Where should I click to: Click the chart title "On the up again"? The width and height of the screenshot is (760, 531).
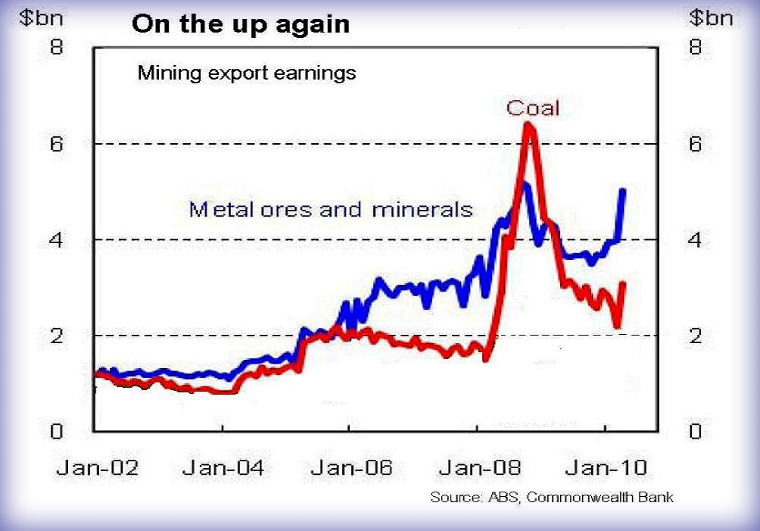click(241, 24)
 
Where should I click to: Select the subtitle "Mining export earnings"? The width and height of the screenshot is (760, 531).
click(246, 74)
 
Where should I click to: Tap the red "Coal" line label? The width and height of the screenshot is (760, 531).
click(533, 108)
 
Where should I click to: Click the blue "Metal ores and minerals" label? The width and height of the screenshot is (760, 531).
click(331, 208)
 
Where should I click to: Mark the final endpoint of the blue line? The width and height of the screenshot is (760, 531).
click(623, 190)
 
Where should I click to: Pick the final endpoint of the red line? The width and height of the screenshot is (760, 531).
click(623, 283)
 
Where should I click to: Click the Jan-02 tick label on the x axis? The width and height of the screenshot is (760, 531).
click(97, 468)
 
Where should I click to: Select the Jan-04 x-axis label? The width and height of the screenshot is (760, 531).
click(223, 468)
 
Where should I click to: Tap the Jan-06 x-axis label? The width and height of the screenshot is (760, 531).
click(351, 468)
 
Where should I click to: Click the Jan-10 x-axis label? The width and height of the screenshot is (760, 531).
click(606, 468)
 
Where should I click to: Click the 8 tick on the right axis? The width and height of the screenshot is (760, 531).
click(696, 47)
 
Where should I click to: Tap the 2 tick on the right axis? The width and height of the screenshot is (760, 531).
click(696, 336)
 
